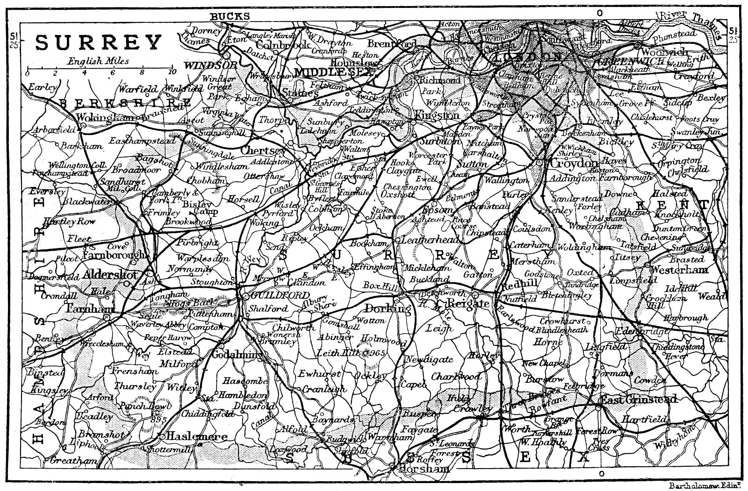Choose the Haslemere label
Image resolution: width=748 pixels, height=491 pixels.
click(x=198, y=437)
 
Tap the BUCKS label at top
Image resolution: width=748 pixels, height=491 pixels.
click(x=230, y=16)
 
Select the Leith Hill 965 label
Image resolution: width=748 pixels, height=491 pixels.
click(x=351, y=354)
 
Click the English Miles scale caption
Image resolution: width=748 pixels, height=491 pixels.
click(x=98, y=61)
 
